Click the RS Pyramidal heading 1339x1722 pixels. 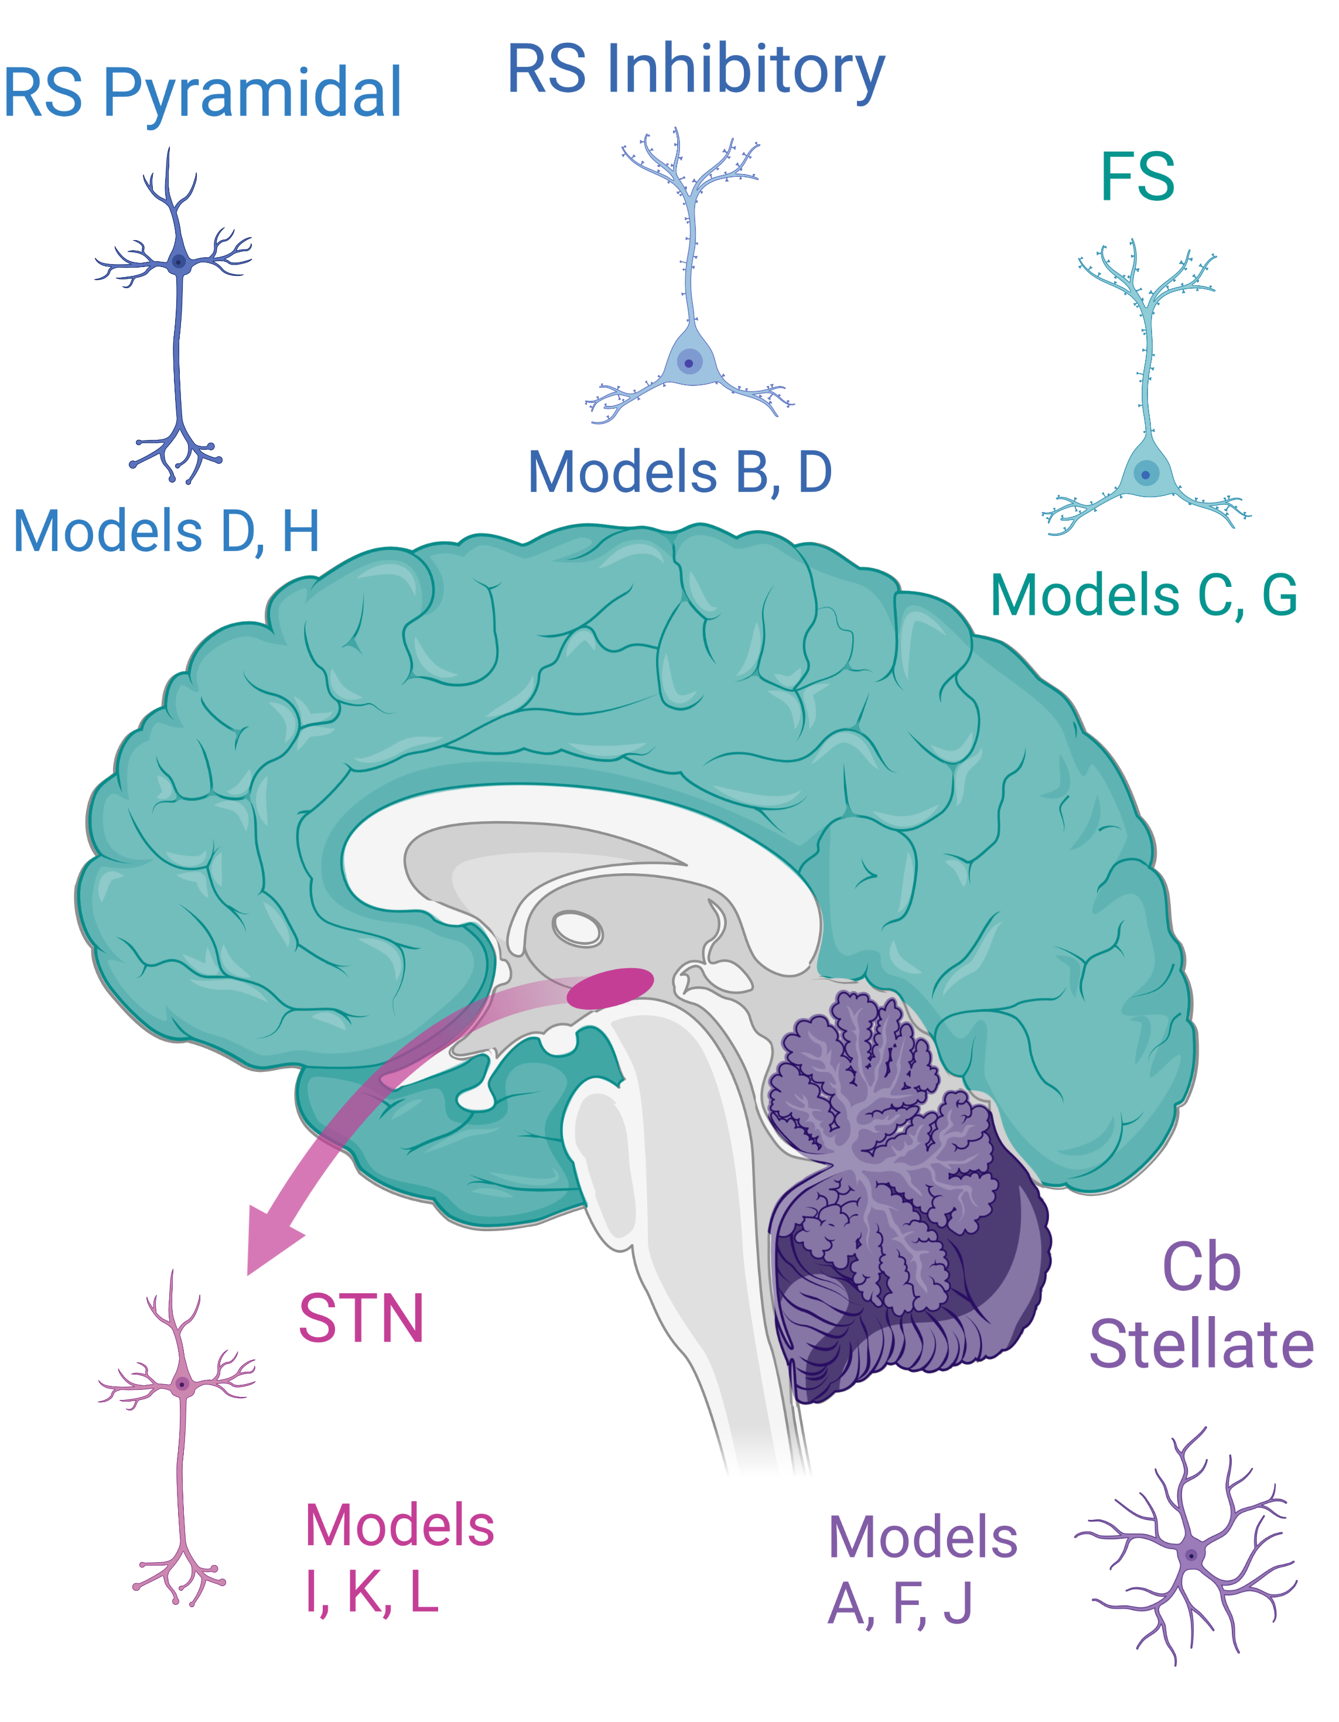click(203, 93)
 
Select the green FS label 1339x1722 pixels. click(1136, 177)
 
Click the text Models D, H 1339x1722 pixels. click(166, 531)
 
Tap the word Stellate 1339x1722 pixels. click(1200, 1344)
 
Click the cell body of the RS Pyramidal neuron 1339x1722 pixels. click(179, 262)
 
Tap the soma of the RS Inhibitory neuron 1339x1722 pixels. click(689, 363)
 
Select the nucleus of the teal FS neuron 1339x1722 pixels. click(1145, 474)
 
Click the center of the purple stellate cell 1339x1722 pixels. click(1191, 1556)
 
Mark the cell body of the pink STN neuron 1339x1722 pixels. click(182, 1383)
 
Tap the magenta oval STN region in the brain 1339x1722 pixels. click(610, 988)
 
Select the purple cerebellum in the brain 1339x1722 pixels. click(899, 1183)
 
